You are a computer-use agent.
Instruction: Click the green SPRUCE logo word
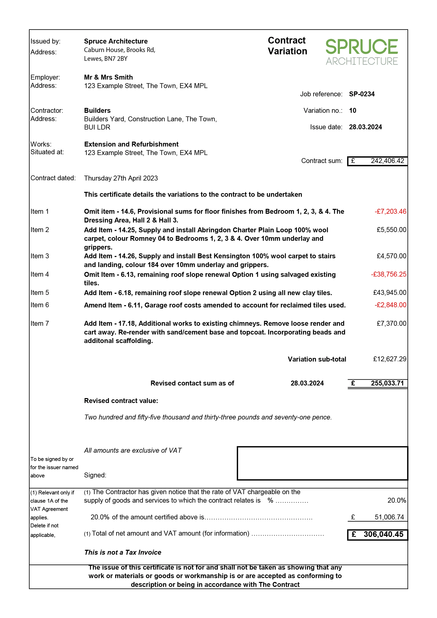pos(361,47)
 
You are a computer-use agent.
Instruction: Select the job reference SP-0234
pos(362,94)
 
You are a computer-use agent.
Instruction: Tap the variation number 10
pos(352,110)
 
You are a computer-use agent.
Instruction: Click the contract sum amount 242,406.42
pos(387,161)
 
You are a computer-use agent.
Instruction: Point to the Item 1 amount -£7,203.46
pos(390,212)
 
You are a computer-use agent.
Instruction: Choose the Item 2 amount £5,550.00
pos(391,230)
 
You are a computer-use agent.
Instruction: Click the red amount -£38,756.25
pos(389,274)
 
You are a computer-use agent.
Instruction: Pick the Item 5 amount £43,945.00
pos(389,293)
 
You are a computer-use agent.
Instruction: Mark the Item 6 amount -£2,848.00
pos(390,305)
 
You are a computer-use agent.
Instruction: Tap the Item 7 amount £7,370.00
pos(391,323)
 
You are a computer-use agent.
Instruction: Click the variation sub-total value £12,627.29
pos(389,359)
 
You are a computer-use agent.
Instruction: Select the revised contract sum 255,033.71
pos(387,383)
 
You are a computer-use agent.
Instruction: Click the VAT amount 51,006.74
pos(389,517)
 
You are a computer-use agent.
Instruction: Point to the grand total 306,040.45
pos(383,535)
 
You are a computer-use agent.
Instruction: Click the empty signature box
pos(322,463)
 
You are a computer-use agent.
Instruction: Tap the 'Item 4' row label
pos(40,274)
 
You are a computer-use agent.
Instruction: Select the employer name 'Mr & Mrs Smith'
pos(108,77)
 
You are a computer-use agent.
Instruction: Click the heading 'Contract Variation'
pos(287,46)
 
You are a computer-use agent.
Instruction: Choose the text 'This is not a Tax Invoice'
pos(123,553)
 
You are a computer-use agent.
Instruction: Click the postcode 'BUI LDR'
pos(97,127)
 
